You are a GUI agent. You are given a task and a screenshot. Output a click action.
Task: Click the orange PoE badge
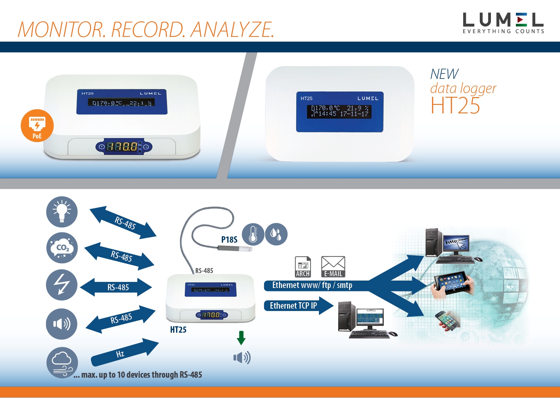(x=37, y=126)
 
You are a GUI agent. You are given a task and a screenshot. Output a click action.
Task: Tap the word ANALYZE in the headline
(x=232, y=30)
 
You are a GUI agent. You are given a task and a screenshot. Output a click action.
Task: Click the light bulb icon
(x=62, y=212)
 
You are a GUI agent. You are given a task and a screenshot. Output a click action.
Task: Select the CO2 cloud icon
(x=62, y=248)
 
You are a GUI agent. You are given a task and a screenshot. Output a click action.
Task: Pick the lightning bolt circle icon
(x=62, y=285)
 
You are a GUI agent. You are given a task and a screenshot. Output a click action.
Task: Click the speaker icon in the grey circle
(x=62, y=324)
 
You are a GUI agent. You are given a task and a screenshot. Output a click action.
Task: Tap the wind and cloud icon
(x=62, y=362)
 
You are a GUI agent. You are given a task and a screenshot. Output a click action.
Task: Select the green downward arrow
(x=241, y=338)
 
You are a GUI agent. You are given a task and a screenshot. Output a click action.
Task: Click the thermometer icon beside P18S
(x=253, y=234)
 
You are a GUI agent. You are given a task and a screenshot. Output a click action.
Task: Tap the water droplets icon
(x=276, y=234)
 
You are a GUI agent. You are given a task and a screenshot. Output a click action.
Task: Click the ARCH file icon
(x=303, y=267)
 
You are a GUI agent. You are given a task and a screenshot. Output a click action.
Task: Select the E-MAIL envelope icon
(x=333, y=267)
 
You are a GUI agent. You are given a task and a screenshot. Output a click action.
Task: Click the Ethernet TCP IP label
(x=293, y=306)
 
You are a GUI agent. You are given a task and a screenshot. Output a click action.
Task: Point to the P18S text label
(x=229, y=240)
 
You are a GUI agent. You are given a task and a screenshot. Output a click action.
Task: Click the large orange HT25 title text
(x=455, y=106)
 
